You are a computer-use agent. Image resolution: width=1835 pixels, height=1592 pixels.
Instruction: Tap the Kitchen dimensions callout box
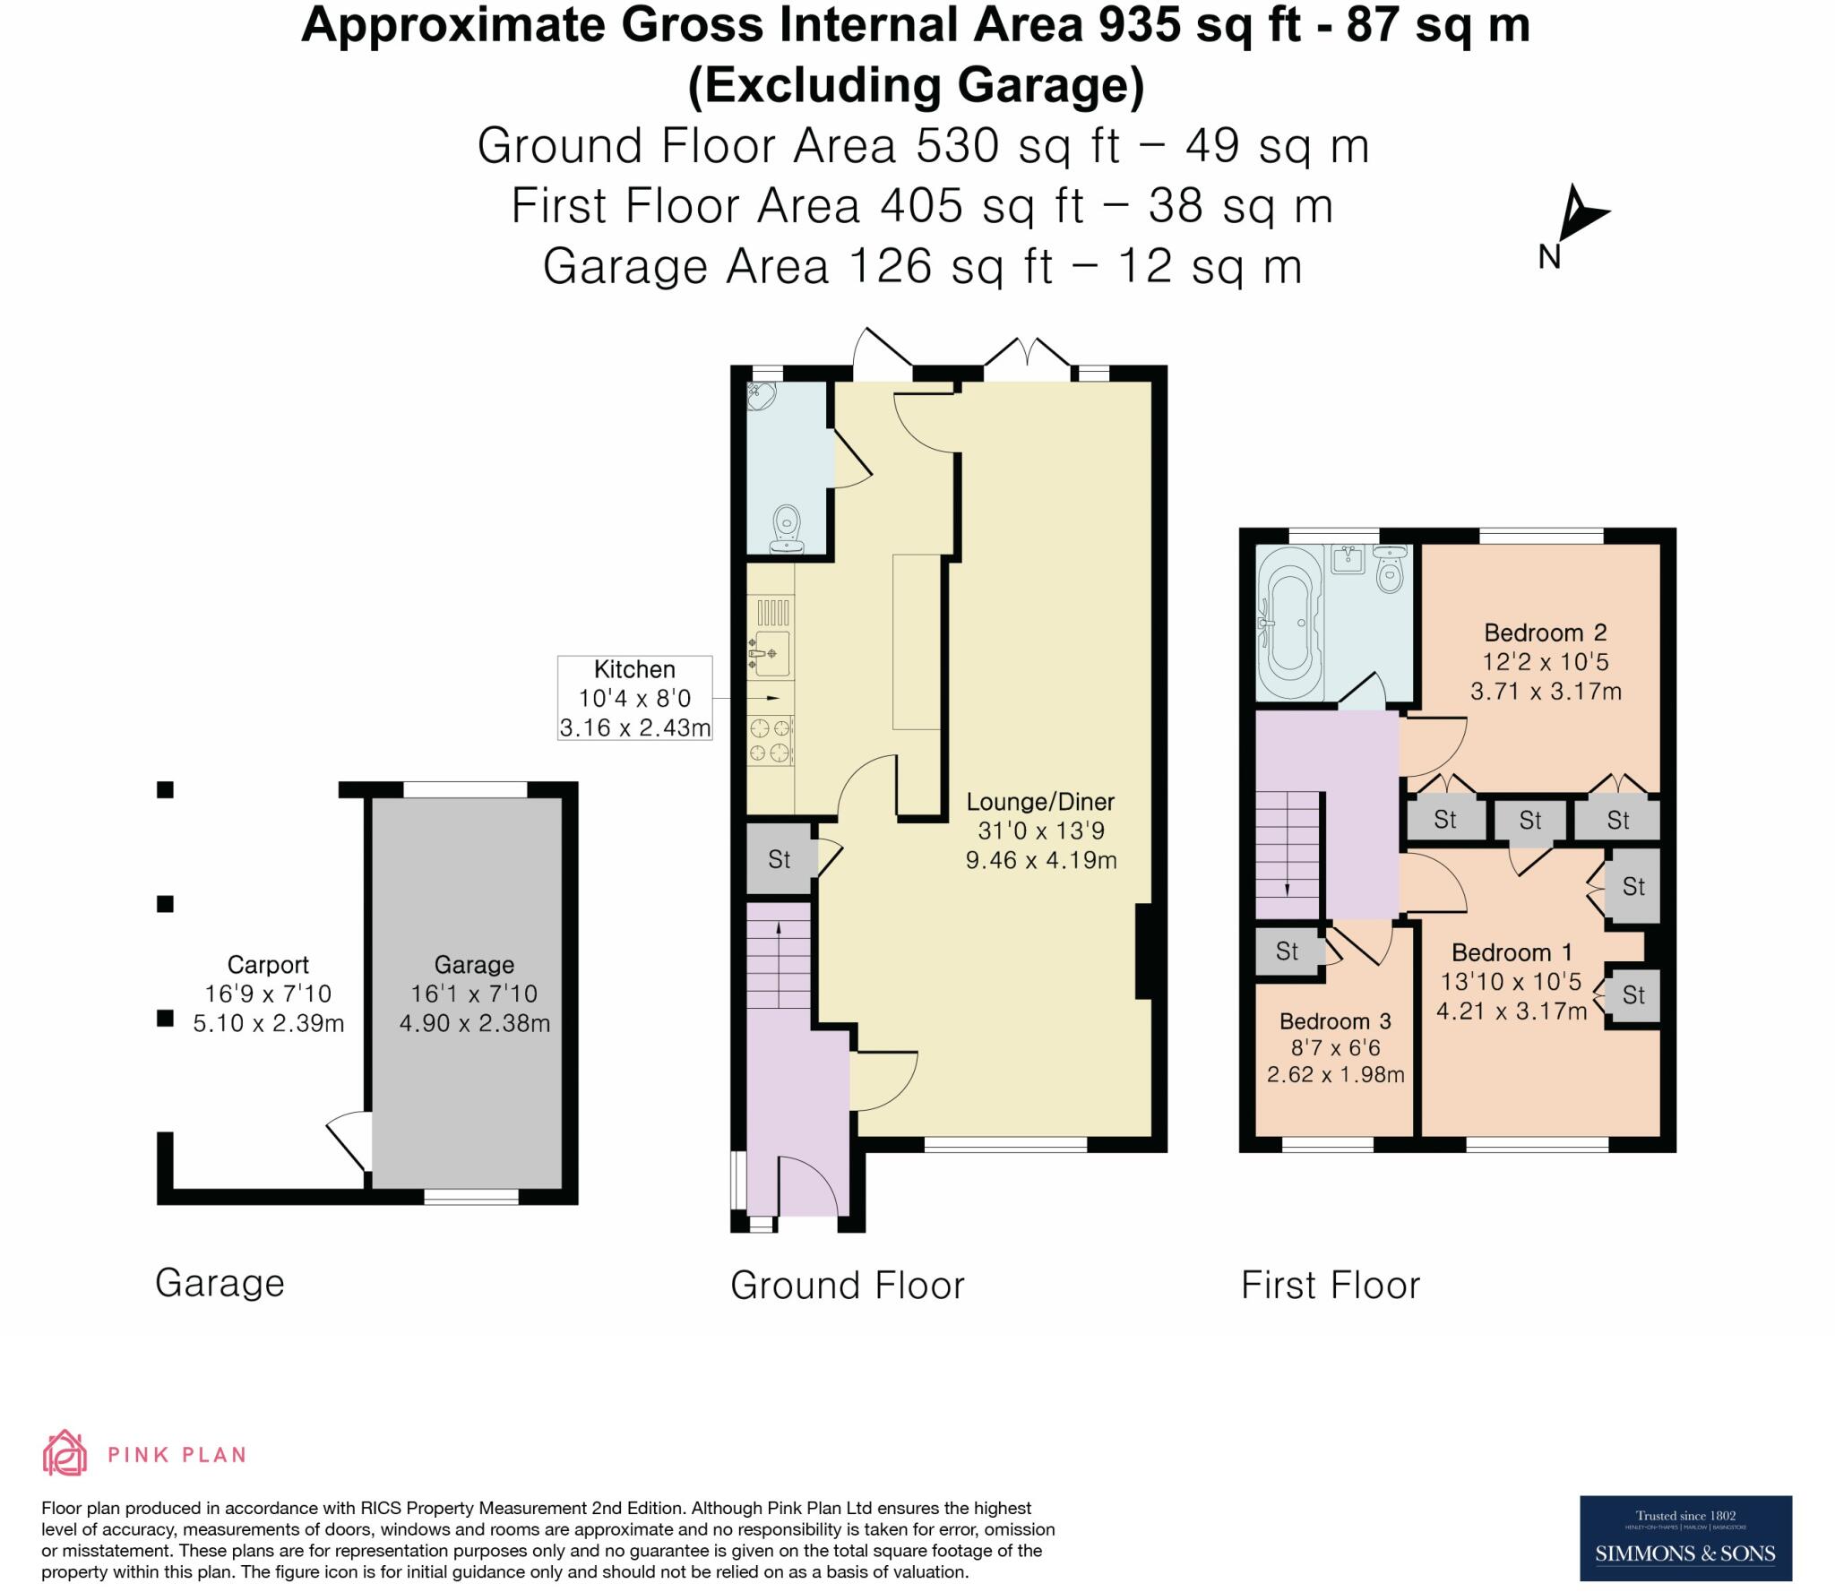634,698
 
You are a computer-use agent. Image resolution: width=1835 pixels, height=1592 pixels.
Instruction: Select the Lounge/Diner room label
1040,802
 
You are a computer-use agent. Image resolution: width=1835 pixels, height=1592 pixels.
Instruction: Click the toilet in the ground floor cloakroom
788,528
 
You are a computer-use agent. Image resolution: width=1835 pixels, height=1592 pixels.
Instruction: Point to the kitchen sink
771,653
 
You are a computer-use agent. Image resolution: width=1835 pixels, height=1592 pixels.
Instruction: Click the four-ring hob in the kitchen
771,740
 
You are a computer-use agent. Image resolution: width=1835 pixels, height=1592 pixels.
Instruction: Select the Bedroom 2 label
1545,633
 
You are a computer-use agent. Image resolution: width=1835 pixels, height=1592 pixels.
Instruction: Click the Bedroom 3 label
1335,1021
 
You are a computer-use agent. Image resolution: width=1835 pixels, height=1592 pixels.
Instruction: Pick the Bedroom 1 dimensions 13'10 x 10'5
1511,982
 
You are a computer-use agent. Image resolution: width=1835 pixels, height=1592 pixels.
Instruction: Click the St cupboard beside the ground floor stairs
779,860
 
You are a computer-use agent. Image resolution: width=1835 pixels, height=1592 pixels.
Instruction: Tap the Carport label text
268,965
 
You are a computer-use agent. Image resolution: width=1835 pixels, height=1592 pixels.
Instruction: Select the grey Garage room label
474,965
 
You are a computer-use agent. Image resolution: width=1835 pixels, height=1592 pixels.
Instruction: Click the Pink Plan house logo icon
65,1453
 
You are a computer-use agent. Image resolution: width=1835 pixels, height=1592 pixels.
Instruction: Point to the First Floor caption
1330,1286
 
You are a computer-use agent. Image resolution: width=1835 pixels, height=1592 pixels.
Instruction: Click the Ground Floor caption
847,1286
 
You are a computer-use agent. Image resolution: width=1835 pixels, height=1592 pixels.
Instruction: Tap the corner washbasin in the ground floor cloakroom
761,395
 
